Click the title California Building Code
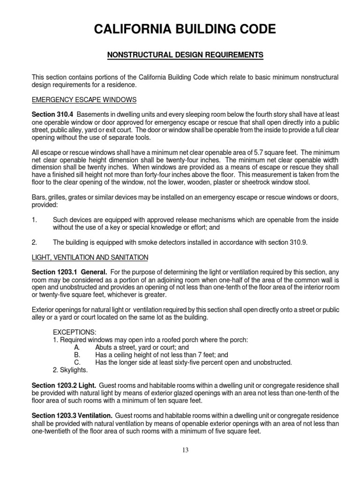(185, 30)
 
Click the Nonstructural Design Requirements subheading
(185, 55)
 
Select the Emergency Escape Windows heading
(84, 100)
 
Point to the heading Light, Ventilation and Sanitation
(90, 257)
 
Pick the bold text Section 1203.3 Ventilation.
(72, 416)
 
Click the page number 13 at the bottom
(185, 450)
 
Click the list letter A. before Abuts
(77, 347)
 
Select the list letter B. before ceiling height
(77, 355)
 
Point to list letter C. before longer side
(77, 362)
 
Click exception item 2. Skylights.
(70, 370)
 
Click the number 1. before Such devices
(34, 220)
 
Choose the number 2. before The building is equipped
(34, 242)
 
